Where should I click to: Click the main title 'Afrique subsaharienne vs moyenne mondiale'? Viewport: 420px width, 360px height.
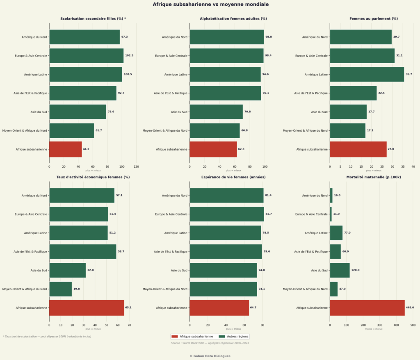coord(211,5)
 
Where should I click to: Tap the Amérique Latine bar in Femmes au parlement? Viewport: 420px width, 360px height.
coord(367,74)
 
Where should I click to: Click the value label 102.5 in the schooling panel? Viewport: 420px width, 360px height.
coord(129,56)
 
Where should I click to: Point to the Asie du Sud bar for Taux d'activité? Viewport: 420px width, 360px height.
coord(67,270)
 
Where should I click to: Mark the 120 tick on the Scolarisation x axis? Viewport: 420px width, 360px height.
coord(136,167)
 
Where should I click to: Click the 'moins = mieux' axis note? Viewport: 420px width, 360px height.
coord(373,329)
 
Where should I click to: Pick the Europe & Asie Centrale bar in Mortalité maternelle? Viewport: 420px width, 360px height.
coord(331,214)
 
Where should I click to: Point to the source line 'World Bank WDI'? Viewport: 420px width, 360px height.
coord(210,343)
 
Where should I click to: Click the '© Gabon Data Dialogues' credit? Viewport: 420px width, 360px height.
coord(210,356)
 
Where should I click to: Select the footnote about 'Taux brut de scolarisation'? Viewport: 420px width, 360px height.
coord(47,336)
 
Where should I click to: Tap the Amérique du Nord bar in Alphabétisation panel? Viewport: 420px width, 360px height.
coord(226,37)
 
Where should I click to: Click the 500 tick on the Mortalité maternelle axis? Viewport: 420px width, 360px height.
coord(413,325)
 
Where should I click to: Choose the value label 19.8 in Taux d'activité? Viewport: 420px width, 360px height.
coord(77,289)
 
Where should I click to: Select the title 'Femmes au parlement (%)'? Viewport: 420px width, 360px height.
coord(373,19)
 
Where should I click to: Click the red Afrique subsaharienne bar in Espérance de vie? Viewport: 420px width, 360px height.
coord(219,308)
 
